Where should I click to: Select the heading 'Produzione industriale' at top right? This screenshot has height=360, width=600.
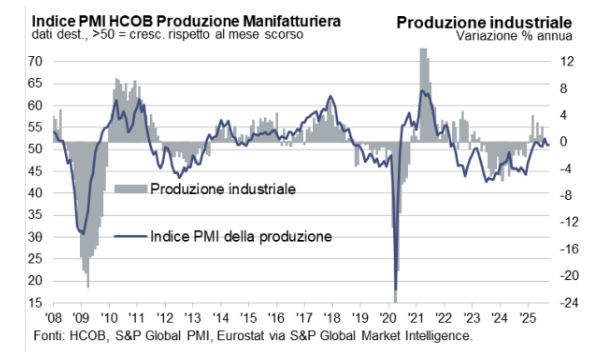(x=484, y=20)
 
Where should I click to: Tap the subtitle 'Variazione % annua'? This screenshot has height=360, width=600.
(x=514, y=35)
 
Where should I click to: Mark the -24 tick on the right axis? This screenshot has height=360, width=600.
(x=570, y=303)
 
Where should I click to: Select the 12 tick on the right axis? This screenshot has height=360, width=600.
(x=567, y=61)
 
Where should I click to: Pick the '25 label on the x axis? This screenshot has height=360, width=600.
(x=522, y=317)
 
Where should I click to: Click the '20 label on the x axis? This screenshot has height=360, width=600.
(x=386, y=317)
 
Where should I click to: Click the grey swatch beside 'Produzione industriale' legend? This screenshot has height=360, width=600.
(x=129, y=188)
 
